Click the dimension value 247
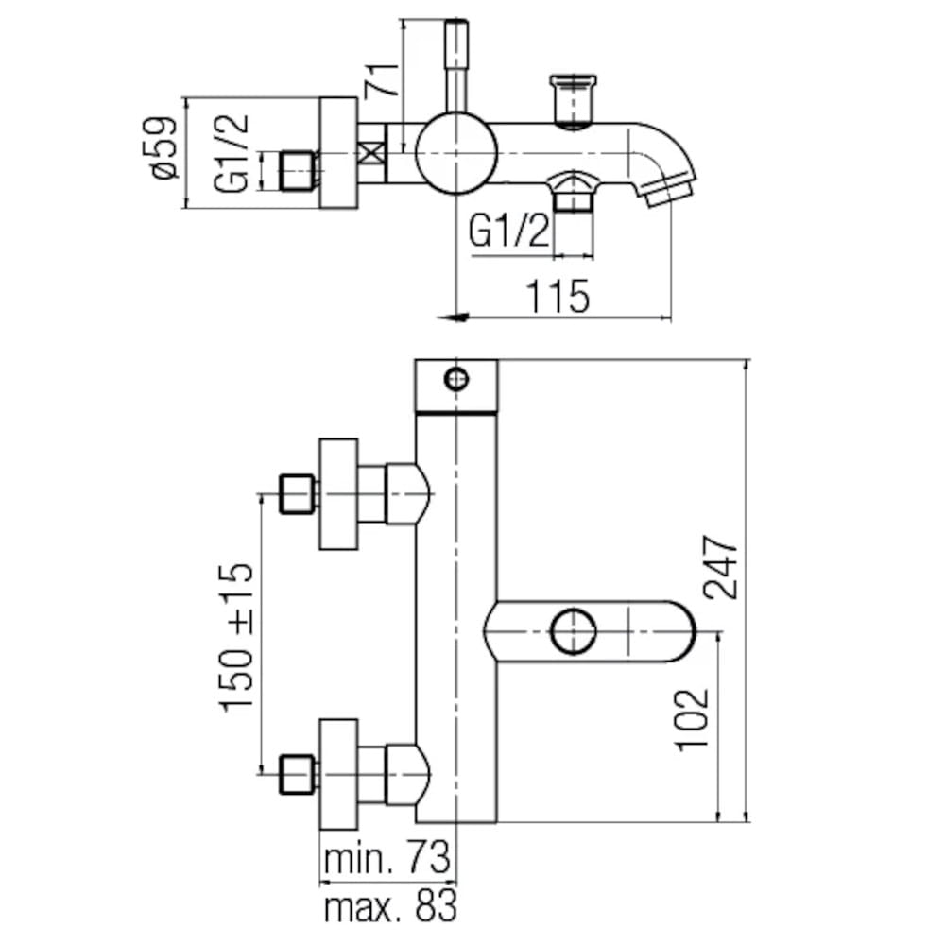pos(720,567)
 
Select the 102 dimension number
pos(693,718)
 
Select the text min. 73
pos(388,861)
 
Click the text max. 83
pos(389,908)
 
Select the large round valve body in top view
pos(456,151)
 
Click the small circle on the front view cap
pos(456,379)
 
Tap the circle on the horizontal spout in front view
pos(575,630)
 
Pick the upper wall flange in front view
pos(338,493)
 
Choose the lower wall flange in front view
pos(338,772)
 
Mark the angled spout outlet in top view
pos(667,185)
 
